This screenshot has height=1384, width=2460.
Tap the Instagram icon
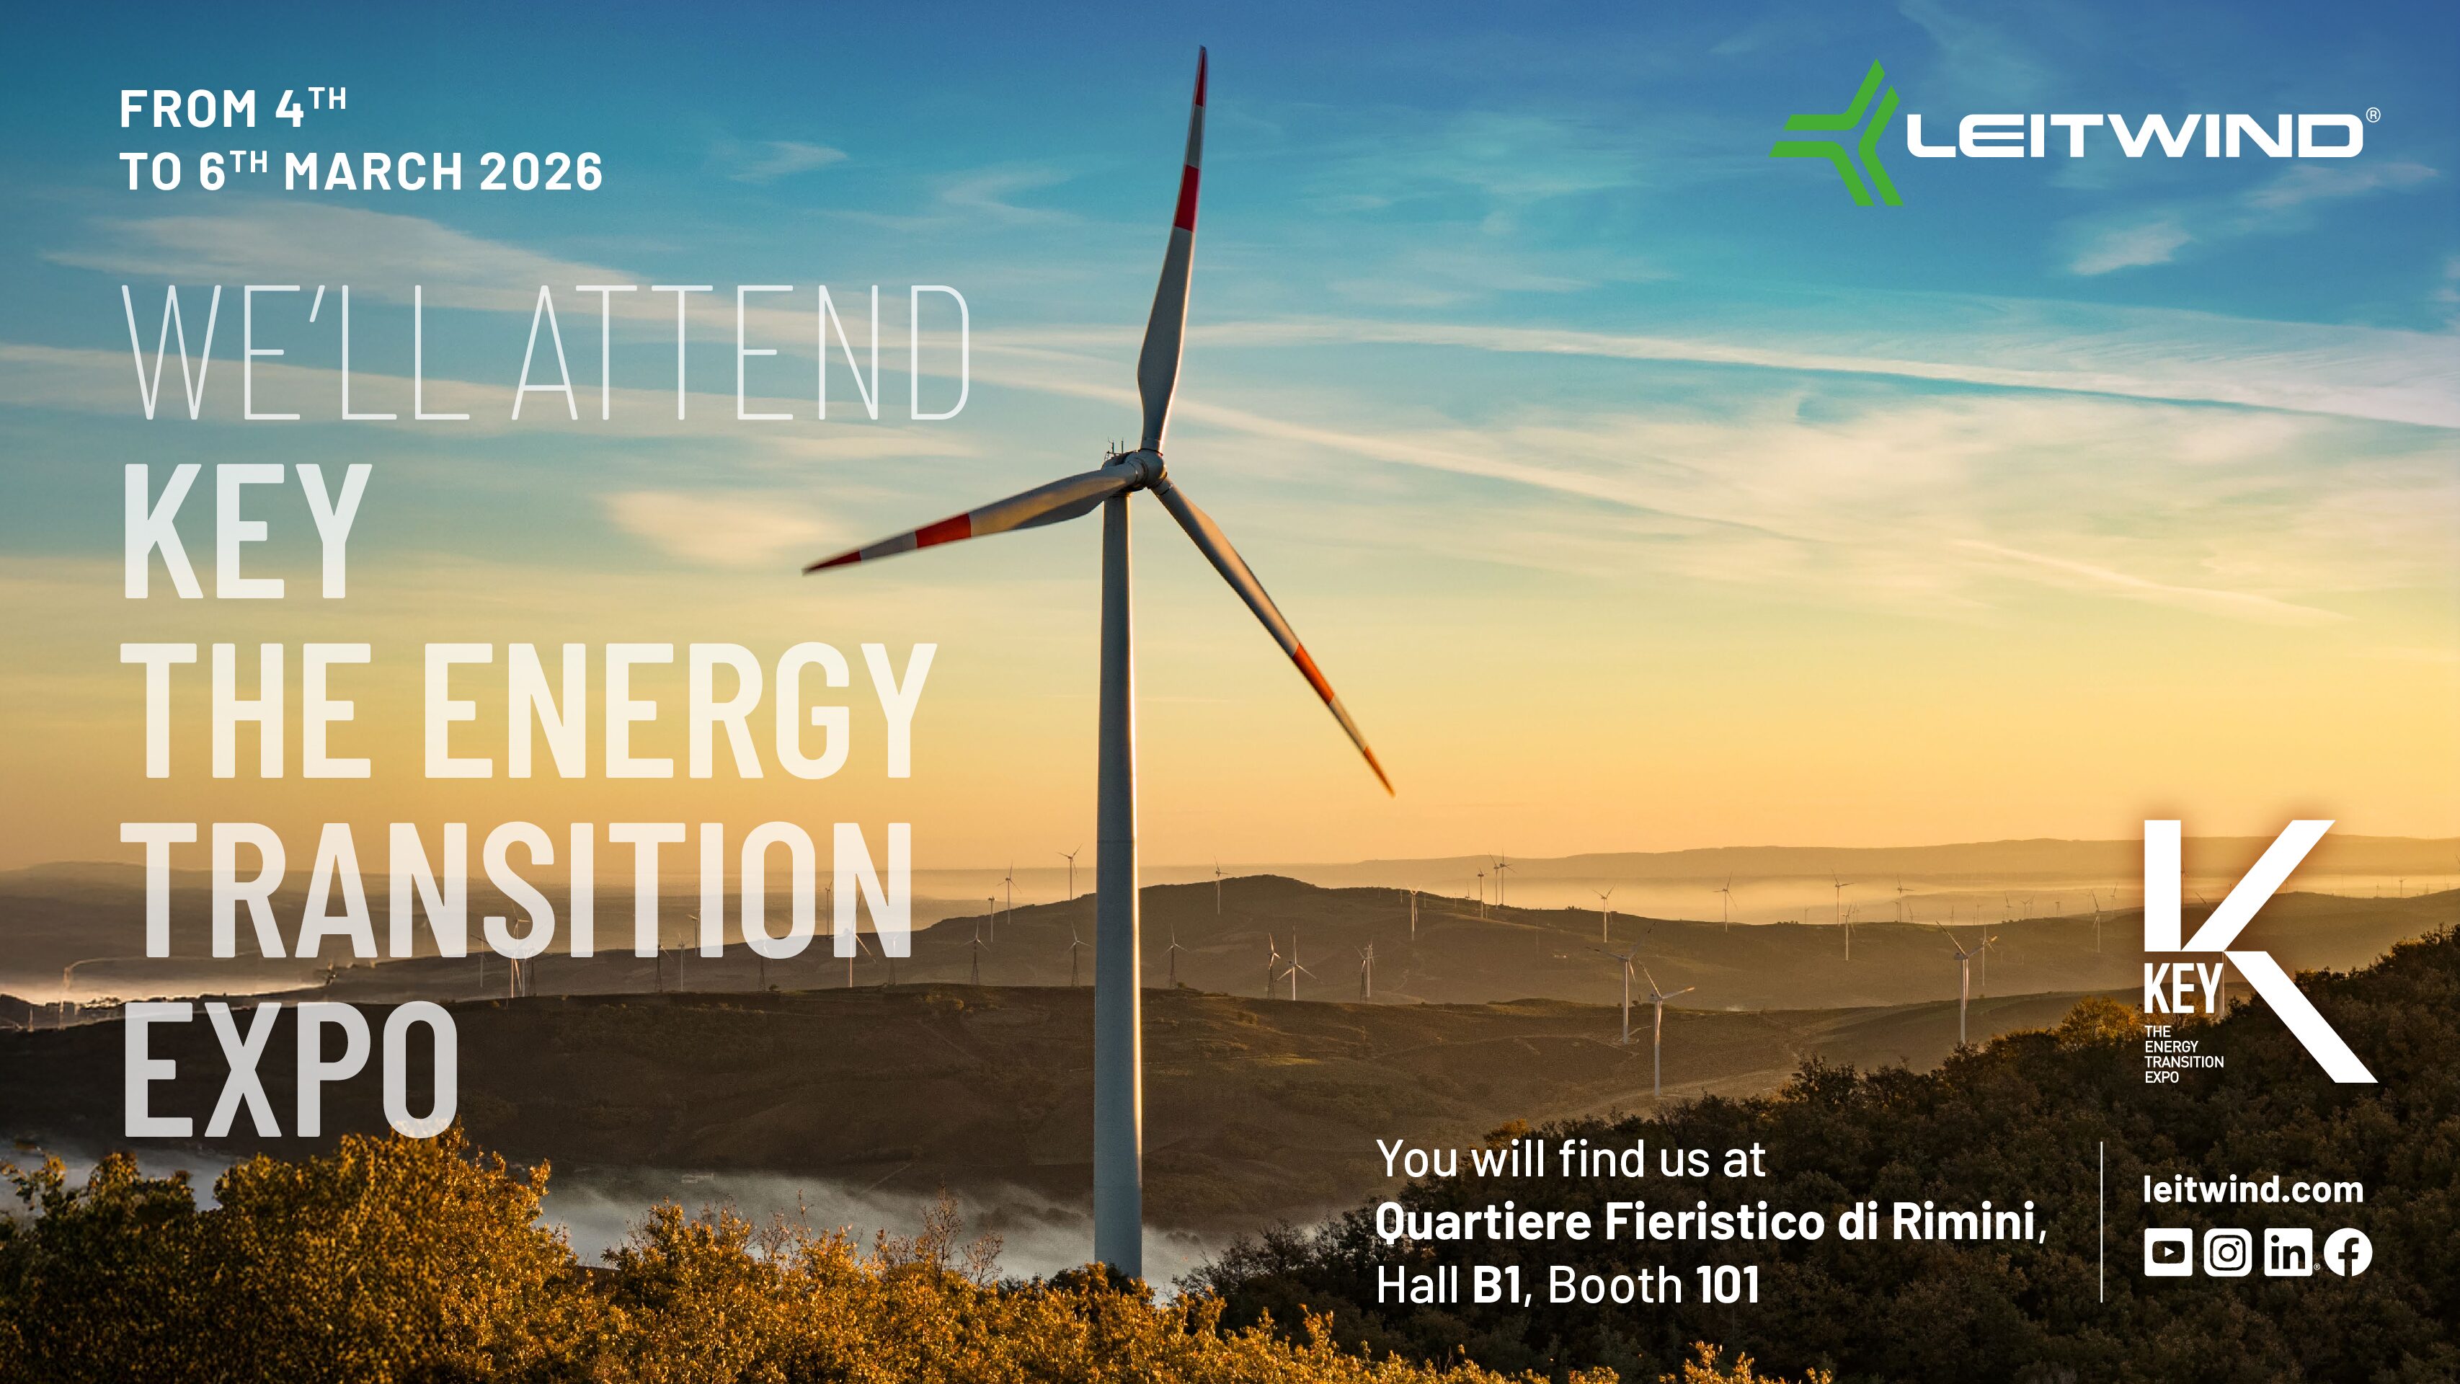coord(2227,1251)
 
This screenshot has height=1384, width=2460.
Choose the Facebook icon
coord(2348,1251)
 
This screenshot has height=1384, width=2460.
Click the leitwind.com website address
coord(2252,1189)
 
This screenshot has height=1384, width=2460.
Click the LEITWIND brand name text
coord(2133,136)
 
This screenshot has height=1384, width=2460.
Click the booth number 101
coord(1726,1285)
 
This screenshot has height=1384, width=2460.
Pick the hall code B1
coord(1497,1285)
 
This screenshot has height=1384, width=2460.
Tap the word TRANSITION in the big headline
coord(517,891)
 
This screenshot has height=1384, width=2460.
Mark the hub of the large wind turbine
coord(1141,468)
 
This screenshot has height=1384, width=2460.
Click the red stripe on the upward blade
coord(1187,196)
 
